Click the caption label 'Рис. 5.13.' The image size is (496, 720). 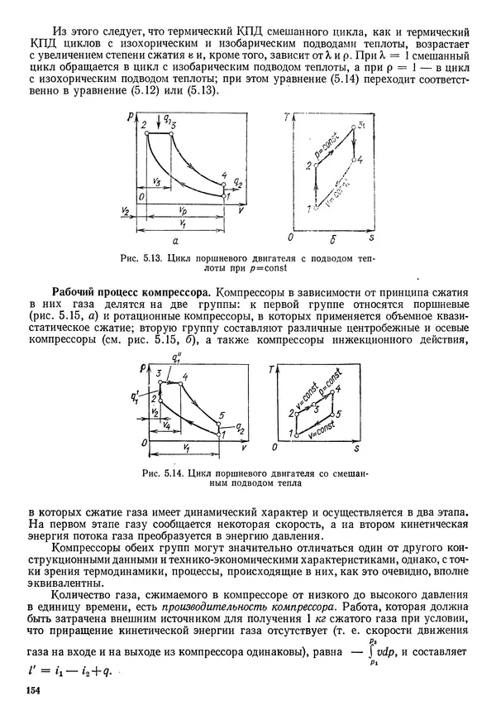coord(142,258)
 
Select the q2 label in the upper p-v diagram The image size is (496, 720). coord(239,181)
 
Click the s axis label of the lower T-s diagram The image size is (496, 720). coord(356,449)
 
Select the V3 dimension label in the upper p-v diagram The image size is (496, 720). coord(155,180)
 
